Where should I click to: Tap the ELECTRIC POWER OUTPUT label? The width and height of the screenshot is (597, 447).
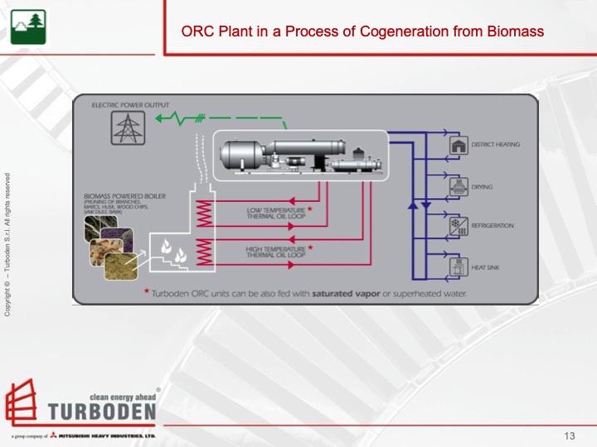[130, 106]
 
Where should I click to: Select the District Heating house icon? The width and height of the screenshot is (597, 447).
[457, 146]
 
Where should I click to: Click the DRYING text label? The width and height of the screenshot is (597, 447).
[482, 187]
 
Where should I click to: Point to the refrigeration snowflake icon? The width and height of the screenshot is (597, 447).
[457, 226]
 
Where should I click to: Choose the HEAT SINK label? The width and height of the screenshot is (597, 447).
[486, 267]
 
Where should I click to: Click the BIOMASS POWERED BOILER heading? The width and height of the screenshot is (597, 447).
[124, 196]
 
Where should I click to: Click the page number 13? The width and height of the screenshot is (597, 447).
[569, 436]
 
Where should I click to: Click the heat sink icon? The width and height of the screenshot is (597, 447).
[457, 267]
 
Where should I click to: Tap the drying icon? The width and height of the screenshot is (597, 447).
[457, 187]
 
